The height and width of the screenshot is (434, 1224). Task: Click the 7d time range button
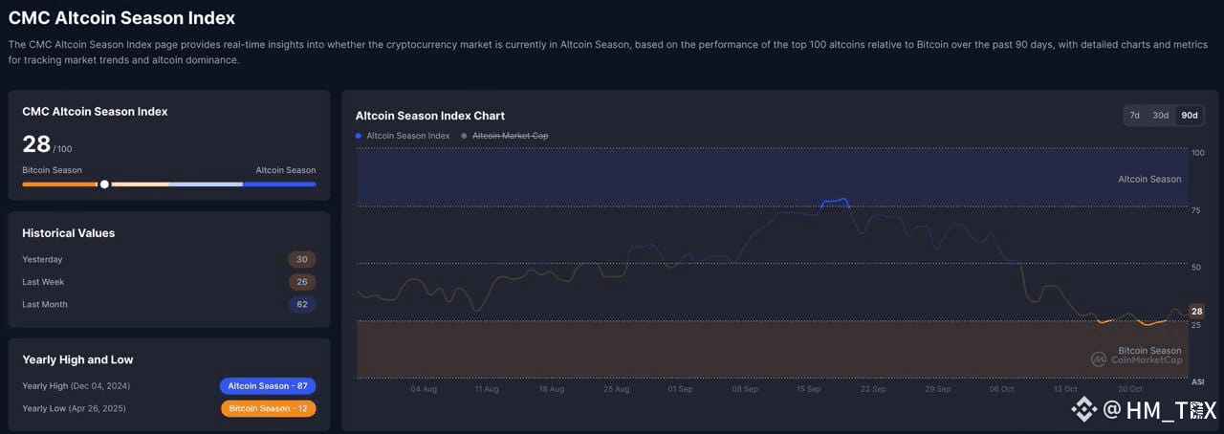(1134, 116)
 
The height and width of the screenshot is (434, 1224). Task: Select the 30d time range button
(1160, 116)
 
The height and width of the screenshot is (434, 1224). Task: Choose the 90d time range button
(1189, 116)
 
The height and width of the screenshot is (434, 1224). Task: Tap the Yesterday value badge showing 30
(301, 259)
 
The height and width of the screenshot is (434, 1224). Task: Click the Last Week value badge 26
(301, 281)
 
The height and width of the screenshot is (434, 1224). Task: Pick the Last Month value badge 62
(301, 304)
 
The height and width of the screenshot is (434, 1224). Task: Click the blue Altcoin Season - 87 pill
(268, 386)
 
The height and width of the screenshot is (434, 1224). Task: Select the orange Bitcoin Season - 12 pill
(269, 408)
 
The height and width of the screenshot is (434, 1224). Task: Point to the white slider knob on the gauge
(104, 184)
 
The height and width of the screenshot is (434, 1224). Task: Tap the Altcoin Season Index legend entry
(403, 136)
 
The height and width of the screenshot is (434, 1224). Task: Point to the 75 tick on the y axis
(1195, 210)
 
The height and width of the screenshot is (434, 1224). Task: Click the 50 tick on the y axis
(1195, 268)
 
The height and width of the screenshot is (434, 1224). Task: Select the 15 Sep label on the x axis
(808, 389)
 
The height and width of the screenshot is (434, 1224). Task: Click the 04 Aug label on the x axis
(424, 389)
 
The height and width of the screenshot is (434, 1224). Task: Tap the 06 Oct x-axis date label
(1001, 389)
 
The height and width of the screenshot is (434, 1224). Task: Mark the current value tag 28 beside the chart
(1196, 311)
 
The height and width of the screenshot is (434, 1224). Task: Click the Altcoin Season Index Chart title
(430, 116)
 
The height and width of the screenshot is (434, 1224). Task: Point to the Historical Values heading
(68, 233)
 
